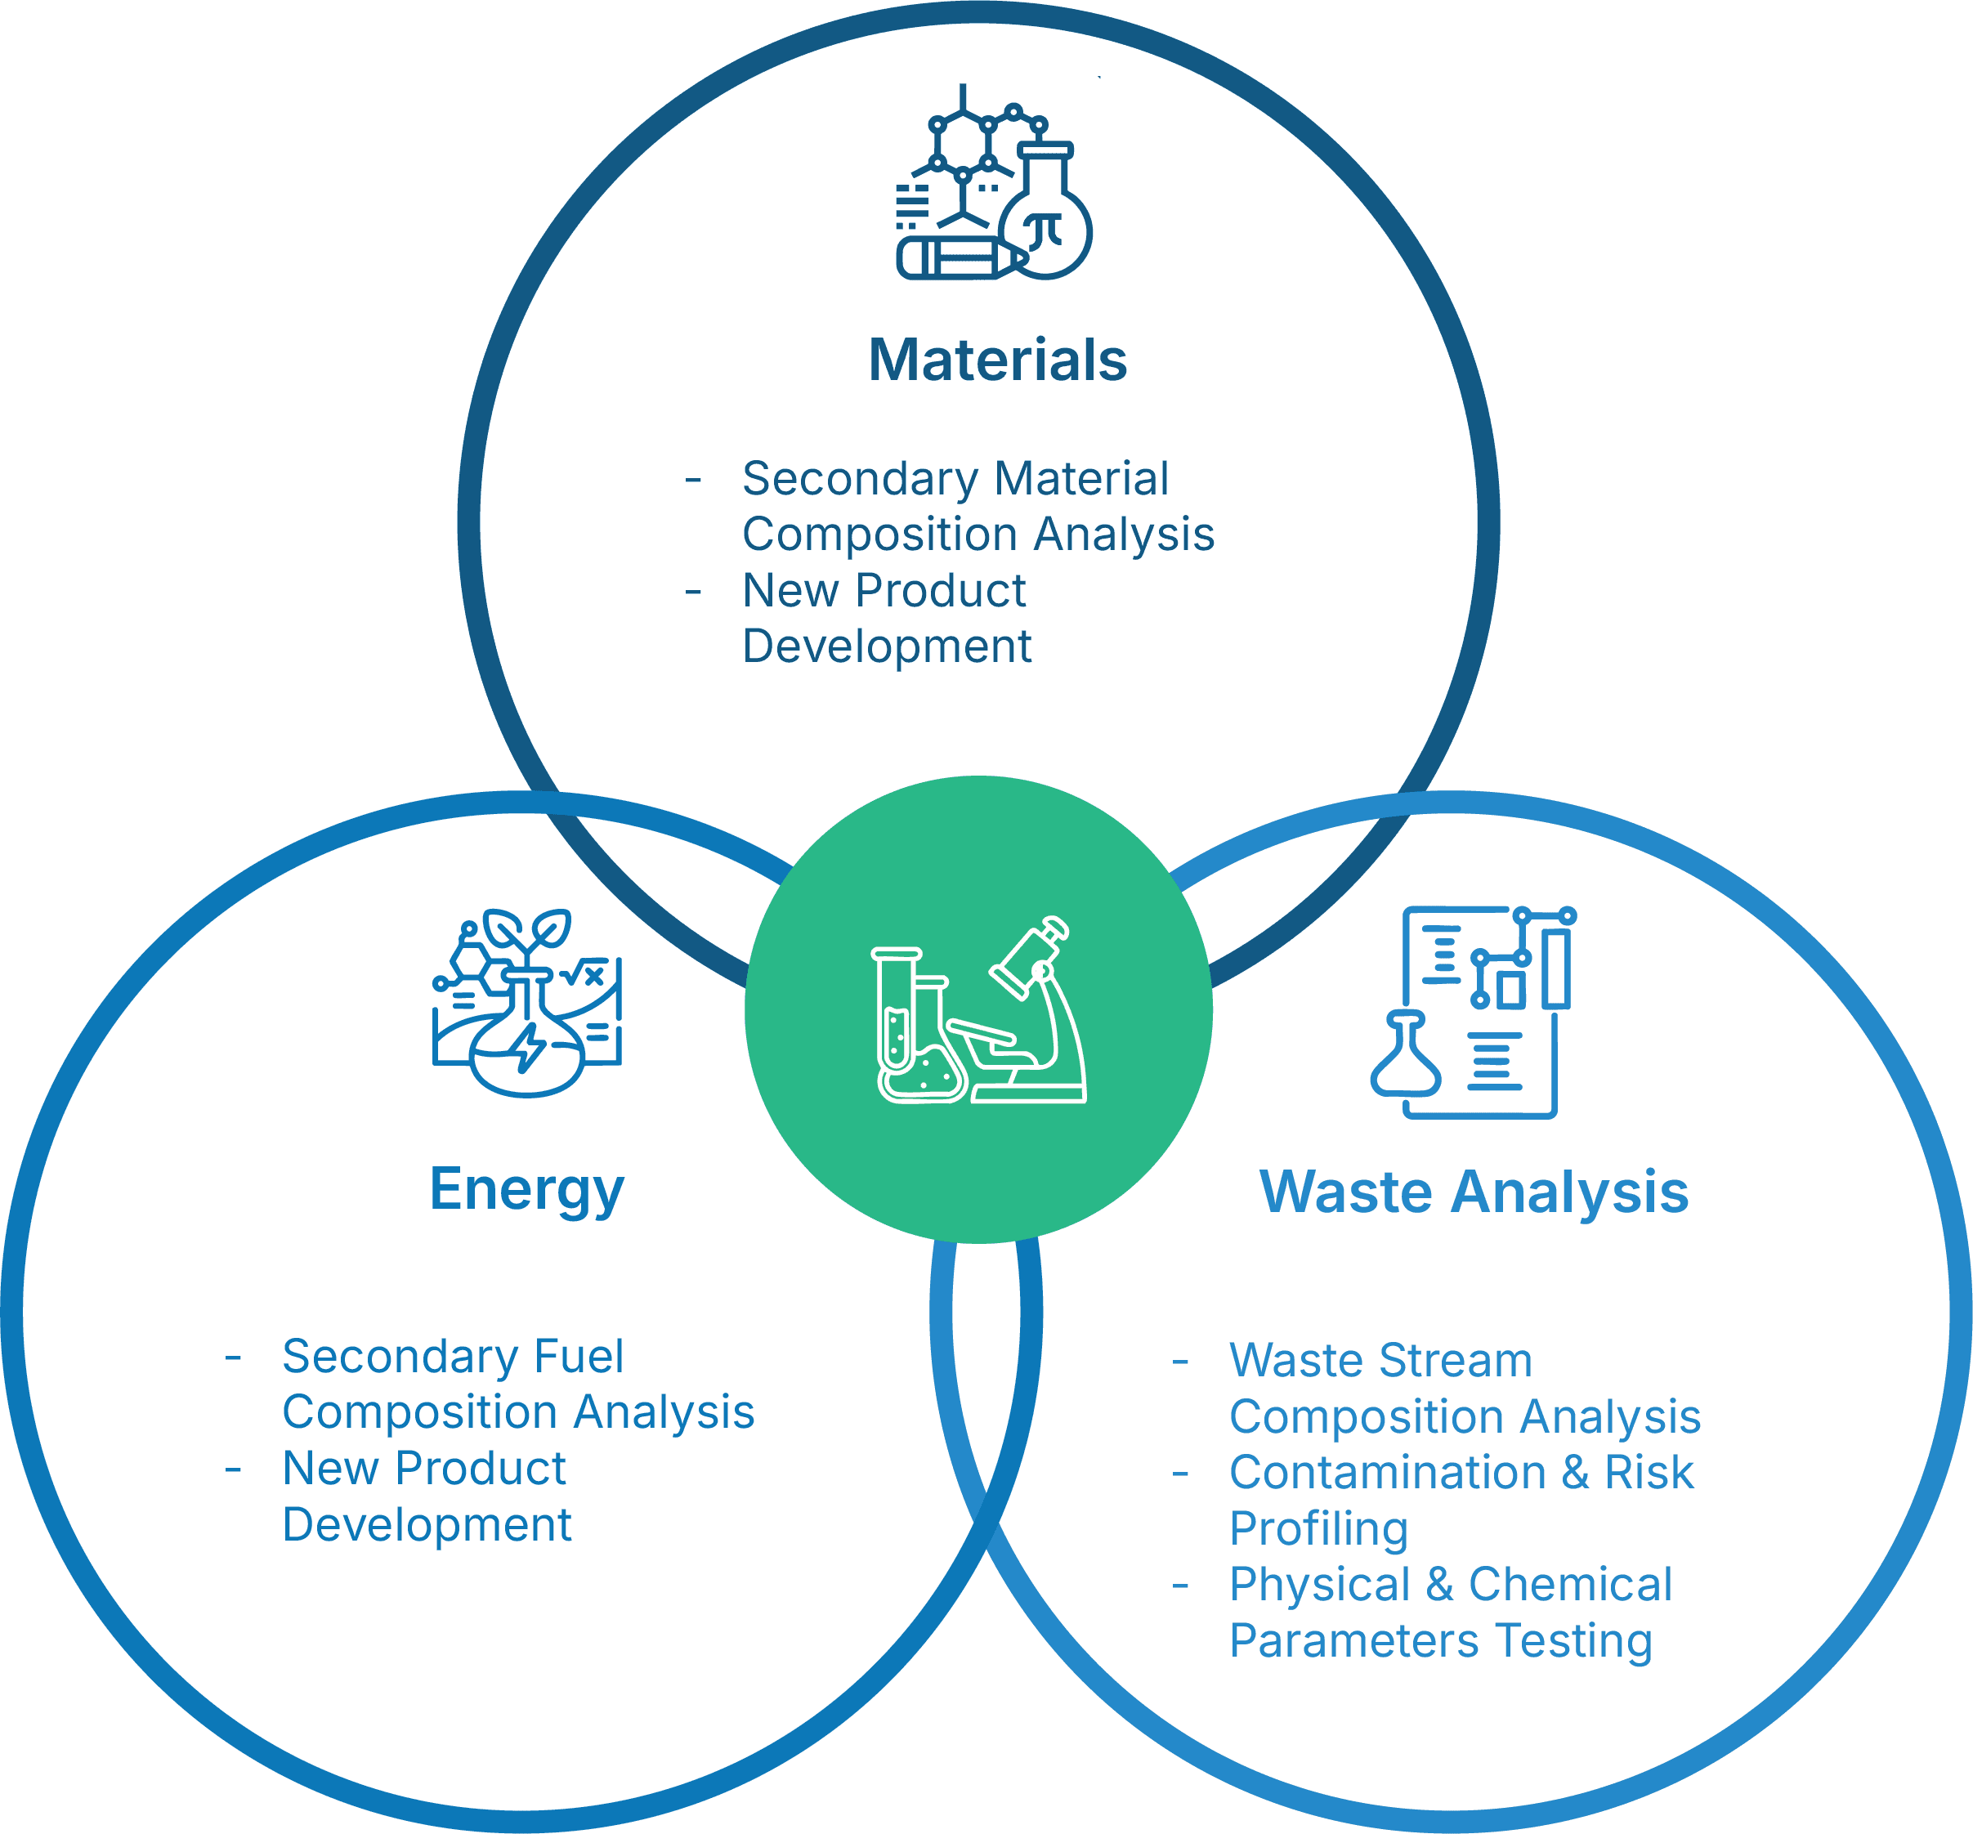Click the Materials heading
point(997,360)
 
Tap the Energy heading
point(526,1189)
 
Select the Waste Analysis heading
point(1474,1192)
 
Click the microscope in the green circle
point(1037,1013)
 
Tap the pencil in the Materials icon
point(958,259)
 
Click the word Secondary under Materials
point(861,479)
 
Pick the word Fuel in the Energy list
point(579,1357)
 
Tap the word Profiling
point(1318,1529)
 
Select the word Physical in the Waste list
point(1319,1585)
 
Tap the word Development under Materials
point(886,646)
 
